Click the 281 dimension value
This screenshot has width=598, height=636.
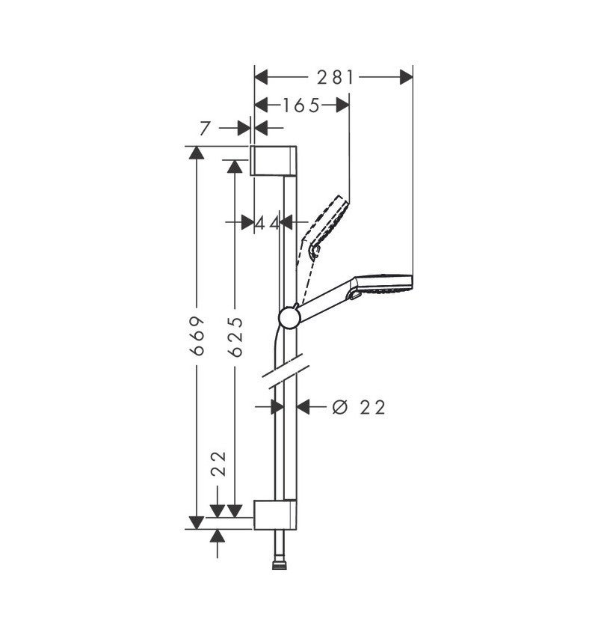click(333, 77)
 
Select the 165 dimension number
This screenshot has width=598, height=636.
click(300, 106)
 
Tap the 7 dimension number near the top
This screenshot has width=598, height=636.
click(206, 129)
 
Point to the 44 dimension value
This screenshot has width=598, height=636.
click(267, 222)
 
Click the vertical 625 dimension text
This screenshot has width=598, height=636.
click(235, 334)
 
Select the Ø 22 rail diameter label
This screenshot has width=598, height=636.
click(358, 407)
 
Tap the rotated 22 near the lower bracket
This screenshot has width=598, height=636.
click(218, 463)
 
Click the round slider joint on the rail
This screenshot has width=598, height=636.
click(289, 318)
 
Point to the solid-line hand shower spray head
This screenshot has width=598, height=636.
click(385, 283)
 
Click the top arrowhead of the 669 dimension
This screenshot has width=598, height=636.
click(197, 153)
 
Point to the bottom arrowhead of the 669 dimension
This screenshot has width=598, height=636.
click(197, 522)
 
